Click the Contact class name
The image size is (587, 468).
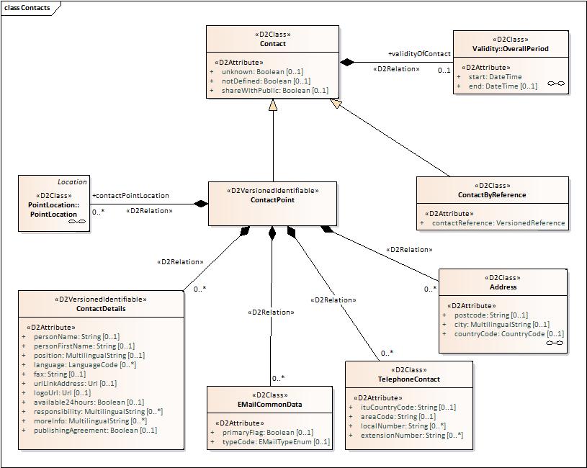pyautogui.click(x=272, y=44)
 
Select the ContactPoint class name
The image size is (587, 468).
pyautogui.click(x=272, y=200)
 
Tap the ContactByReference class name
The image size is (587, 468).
pyautogui.click(x=492, y=195)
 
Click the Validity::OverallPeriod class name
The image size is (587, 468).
pyautogui.click(x=511, y=49)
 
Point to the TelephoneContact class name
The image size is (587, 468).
pyautogui.click(x=409, y=379)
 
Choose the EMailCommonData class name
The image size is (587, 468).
pyautogui.click(x=270, y=405)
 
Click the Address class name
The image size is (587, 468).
pyautogui.click(x=502, y=287)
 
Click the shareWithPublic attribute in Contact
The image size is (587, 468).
pyautogui.click(x=274, y=91)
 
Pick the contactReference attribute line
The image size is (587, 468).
pyautogui.click(x=498, y=223)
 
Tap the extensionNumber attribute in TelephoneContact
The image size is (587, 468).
pyautogui.click(x=411, y=436)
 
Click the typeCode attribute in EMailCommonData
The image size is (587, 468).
pyautogui.click(x=274, y=442)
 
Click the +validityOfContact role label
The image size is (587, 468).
pyautogui.click(x=419, y=54)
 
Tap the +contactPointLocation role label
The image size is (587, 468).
pyautogui.click(x=130, y=195)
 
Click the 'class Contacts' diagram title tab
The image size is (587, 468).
pyautogui.click(x=27, y=7)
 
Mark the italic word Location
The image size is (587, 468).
pyautogui.click(x=72, y=181)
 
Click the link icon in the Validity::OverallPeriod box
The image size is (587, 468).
pyautogui.click(x=555, y=84)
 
